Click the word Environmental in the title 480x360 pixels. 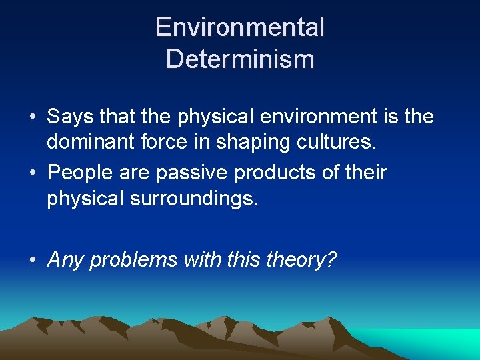point(239,27)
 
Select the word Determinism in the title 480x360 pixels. point(239,59)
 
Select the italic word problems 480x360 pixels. point(133,259)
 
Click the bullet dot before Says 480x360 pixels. point(33,118)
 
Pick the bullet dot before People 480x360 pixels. point(33,173)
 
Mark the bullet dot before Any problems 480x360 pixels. point(33,260)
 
